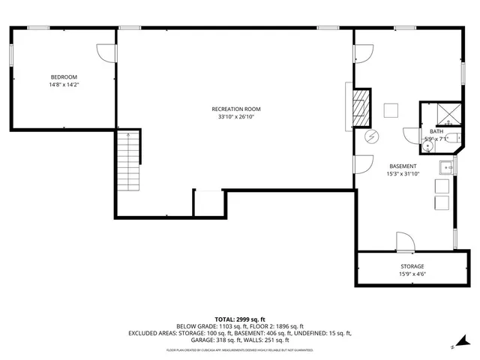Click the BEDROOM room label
point(64,77)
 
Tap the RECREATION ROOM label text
point(236,109)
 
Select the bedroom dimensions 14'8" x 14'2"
point(64,85)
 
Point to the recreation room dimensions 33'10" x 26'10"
point(236,117)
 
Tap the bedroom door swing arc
point(106,52)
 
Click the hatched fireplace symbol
point(361,107)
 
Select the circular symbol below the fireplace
point(371,136)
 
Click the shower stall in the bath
point(449,113)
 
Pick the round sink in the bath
point(427,147)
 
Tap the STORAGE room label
point(411,266)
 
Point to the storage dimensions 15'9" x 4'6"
point(411,274)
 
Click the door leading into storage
point(403,241)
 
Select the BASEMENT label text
point(403,166)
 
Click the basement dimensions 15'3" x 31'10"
point(403,174)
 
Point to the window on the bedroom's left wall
point(10,54)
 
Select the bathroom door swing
point(411,135)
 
